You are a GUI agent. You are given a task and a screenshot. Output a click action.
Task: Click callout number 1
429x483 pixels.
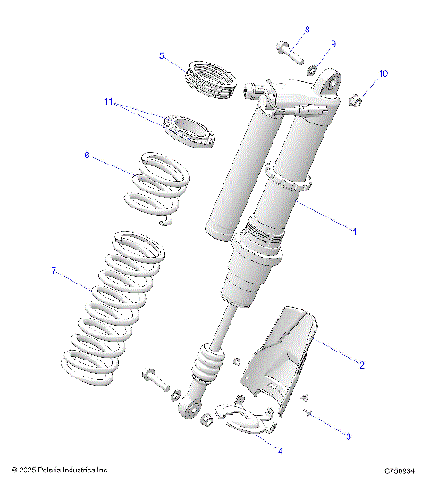[353, 231]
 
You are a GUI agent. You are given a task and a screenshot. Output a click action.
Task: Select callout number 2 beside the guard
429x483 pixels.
[361, 364]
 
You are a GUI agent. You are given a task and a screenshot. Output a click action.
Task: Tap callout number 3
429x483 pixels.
[349, 436]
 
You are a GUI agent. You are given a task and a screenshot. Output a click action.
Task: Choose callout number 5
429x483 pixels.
[162, 55]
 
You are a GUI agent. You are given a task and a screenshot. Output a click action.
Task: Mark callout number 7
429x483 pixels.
[54, 269]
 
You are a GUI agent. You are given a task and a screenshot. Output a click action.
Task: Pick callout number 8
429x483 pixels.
[306, 30]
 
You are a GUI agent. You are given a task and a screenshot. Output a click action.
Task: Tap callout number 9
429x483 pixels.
[332, 44]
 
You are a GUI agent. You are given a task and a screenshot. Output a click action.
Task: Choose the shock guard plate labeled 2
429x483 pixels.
[290, 358]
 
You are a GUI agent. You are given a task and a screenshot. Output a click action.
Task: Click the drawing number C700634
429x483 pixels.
[402, 469]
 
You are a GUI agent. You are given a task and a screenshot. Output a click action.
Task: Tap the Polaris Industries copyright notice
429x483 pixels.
[61, 469]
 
